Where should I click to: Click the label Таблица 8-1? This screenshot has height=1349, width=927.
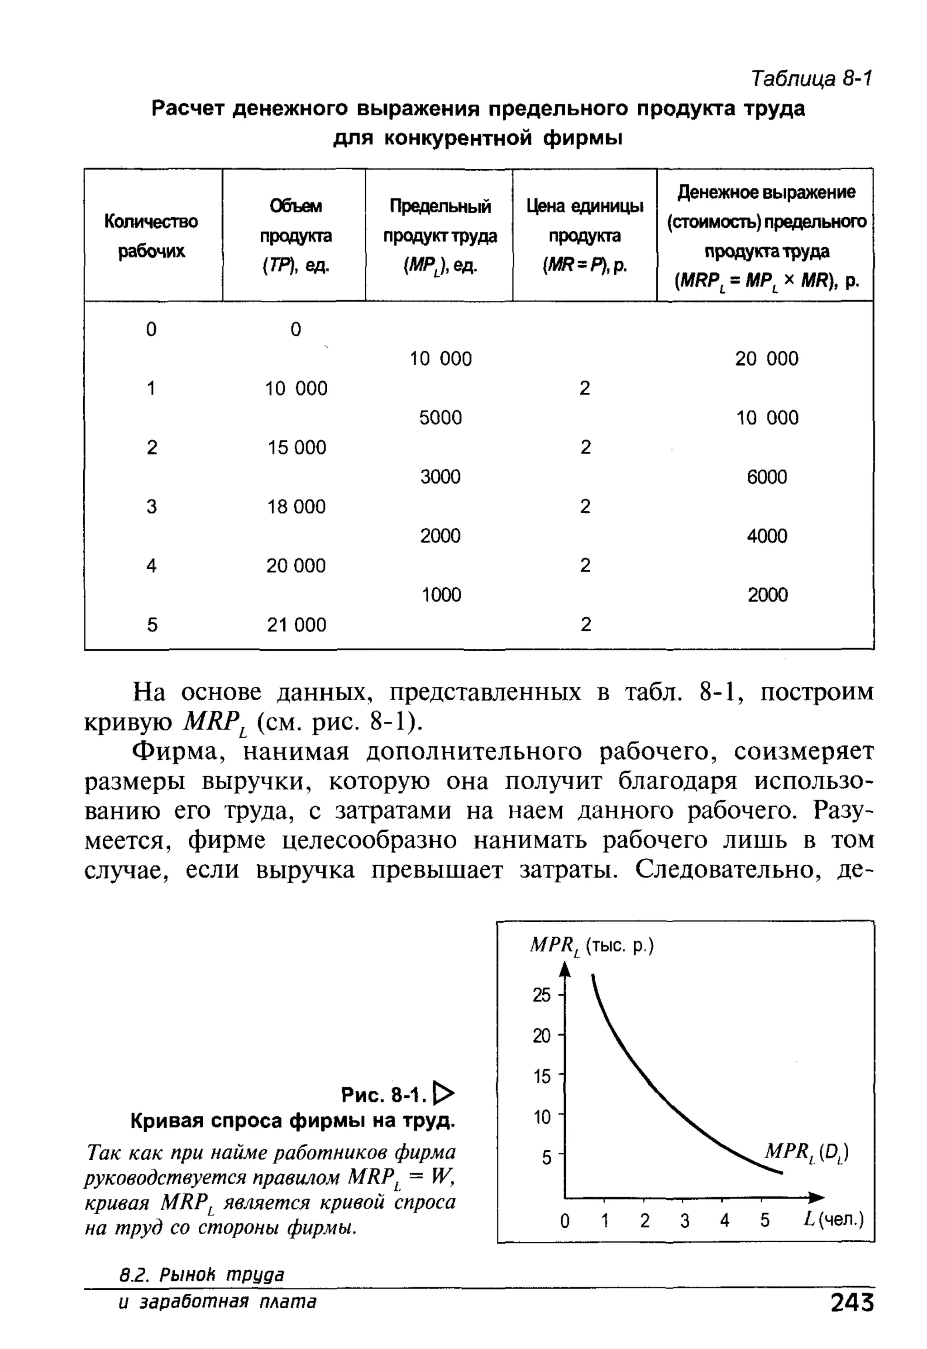point(812,78)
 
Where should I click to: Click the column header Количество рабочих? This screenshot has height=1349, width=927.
point(151,236)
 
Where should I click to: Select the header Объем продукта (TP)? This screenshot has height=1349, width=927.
point(295,235)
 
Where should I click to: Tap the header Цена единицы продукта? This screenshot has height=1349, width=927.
point(584,235)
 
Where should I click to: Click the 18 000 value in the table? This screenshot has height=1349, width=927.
point(296,506)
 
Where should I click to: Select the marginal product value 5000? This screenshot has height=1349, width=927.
point(440,418)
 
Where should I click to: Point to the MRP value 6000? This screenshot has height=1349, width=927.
point(767,477)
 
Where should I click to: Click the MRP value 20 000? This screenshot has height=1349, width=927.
point(767,358)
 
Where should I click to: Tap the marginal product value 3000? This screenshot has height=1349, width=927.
point(440,477)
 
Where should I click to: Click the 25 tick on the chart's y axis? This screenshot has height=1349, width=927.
point(541,995)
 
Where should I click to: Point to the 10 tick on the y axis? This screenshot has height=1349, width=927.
point(541,1117)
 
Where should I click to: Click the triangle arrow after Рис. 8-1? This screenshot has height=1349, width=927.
point(444,1094)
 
